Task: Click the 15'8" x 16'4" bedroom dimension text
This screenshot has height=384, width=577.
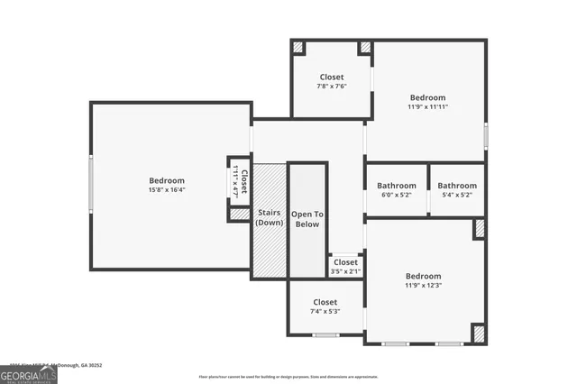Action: (167, 190)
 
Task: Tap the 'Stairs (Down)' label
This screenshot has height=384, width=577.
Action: (270, 218)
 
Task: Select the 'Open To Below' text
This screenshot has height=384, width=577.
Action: (307, 219)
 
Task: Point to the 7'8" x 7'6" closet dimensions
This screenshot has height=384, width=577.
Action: (332, 87)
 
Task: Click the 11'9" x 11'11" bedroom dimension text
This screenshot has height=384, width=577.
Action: (427, 107)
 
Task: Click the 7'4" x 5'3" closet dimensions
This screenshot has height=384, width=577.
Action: (325, 312)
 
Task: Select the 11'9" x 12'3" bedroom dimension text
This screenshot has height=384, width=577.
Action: (423, 286)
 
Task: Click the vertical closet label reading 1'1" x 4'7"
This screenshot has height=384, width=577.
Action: (240, 181)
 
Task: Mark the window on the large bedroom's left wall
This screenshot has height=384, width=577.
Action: (90, 185)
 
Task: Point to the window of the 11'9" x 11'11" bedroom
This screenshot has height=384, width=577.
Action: (486, 136)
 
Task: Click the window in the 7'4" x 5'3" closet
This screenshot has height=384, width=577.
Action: (326, 335)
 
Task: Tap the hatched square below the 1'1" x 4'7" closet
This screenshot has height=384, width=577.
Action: (239, 215)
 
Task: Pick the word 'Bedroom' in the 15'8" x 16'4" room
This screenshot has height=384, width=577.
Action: (167, 180)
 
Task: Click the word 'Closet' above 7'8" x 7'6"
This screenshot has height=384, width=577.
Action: (332, 78)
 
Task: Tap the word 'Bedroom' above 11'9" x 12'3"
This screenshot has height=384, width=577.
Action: (423, 276)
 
